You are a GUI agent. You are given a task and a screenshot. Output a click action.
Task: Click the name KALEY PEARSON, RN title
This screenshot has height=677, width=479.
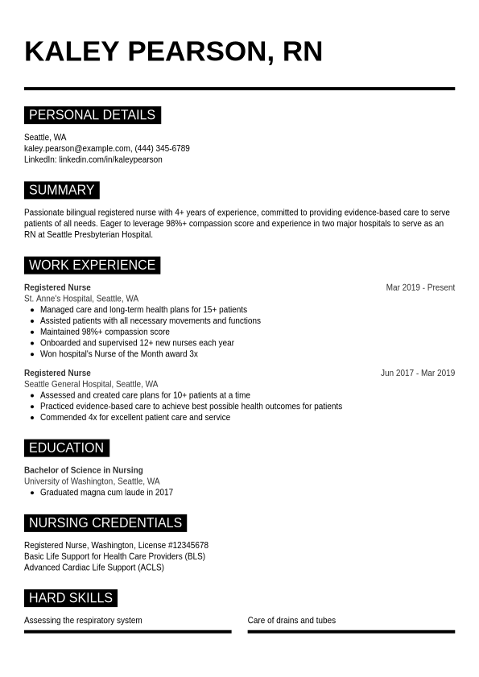point(173,52)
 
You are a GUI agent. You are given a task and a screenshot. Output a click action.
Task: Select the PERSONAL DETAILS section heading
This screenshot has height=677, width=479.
point(92,115)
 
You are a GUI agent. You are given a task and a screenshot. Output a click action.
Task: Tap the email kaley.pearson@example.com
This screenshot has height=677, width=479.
point(77,148)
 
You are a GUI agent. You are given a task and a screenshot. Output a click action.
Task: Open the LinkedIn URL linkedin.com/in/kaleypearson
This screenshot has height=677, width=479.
point(110,159)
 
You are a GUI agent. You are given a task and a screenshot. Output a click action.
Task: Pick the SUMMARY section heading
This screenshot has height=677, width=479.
point(61,191)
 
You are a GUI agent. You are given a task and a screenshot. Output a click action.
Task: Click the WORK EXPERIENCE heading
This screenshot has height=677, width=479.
point(92,266)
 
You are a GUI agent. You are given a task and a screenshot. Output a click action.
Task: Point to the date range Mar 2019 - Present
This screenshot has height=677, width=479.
point(420,287)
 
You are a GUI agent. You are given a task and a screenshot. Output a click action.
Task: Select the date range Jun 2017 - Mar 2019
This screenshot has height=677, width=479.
point(417,373)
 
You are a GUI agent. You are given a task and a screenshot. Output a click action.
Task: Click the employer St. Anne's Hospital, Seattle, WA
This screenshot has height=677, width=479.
point(81,299)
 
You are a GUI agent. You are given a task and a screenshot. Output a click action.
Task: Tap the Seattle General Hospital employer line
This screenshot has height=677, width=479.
point(91,384)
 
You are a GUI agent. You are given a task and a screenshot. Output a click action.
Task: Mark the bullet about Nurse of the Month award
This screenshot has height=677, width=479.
point(119,353)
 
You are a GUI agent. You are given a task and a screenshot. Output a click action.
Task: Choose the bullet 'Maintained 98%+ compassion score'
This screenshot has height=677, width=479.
point(105,332)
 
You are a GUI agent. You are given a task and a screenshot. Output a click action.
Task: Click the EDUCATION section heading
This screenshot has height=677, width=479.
point(66,448)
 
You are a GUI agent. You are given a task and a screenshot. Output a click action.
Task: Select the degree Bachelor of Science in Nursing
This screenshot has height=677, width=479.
point(84,470)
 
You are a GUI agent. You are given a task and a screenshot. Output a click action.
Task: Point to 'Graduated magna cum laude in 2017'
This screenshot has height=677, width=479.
point(106,492)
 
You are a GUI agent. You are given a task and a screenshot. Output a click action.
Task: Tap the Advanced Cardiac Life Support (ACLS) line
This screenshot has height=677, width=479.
point(94,568)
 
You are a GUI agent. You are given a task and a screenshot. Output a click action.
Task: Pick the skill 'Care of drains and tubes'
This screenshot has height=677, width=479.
point(291,621)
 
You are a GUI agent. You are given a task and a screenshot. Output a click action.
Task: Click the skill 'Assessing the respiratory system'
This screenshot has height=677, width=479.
point(83,621)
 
